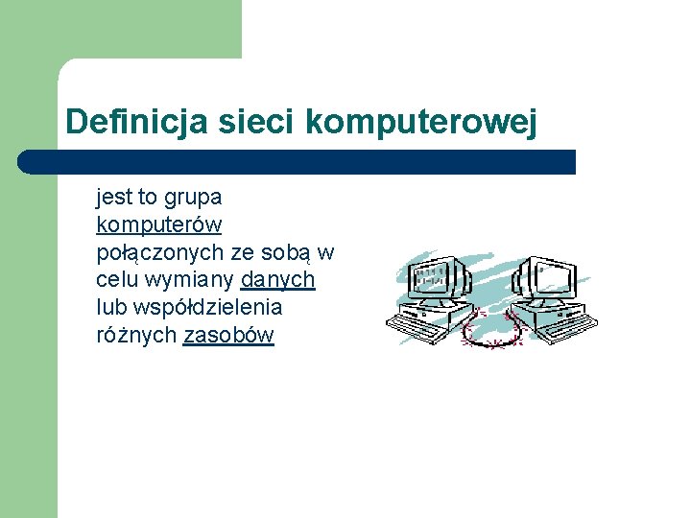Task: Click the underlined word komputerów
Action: click(x=159, y=225)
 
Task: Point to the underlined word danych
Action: click(x=278, y=280)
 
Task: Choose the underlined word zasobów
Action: click(x=228, y=336)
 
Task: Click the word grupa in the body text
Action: click(x=193, y=199)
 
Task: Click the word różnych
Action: click(x=136, y=336)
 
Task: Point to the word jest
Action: click(x=114, y=198)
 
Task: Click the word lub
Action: click(x=110, y=308)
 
